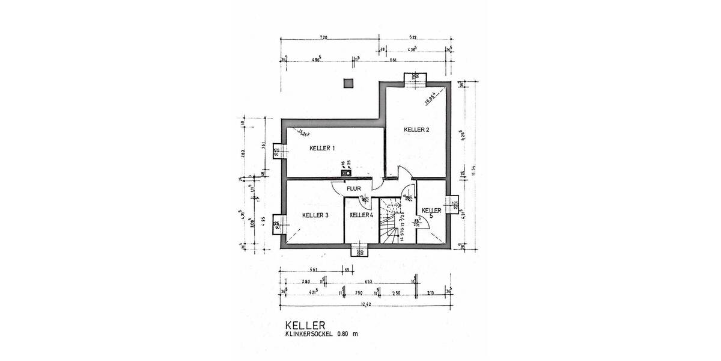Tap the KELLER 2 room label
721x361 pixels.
[416, 129]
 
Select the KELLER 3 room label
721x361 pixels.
[315, 215]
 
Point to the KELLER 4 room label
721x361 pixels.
[362, 215]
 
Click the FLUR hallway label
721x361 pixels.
[353, 189]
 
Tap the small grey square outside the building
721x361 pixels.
[347, 84]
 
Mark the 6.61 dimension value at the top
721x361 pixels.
[394, 60]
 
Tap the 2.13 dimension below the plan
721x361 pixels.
[430, 292]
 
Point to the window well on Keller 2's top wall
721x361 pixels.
[415, 78]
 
